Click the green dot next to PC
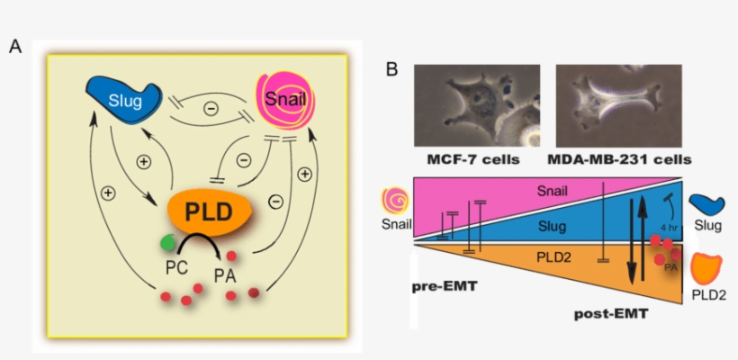pos(168,242)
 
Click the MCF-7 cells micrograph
pos(477,105)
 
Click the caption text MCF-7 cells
pos(477,159)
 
